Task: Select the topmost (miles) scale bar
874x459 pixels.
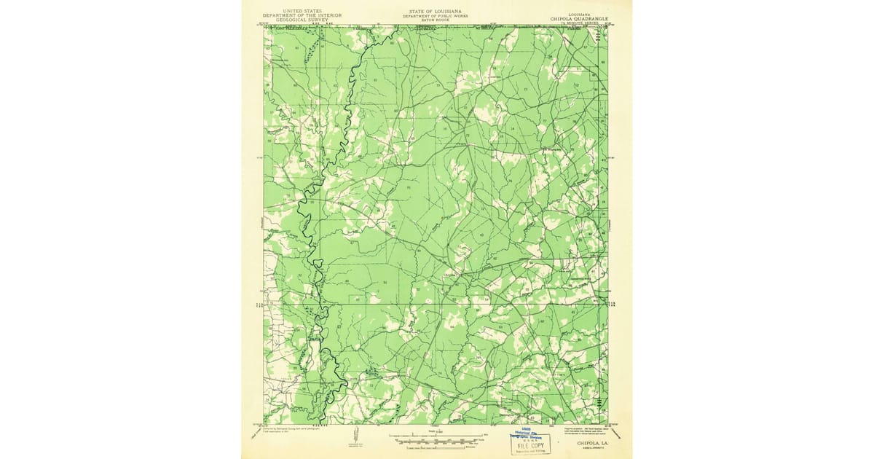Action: [x=437, y=436]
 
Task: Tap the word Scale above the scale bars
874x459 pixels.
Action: [x=437, y=431]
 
